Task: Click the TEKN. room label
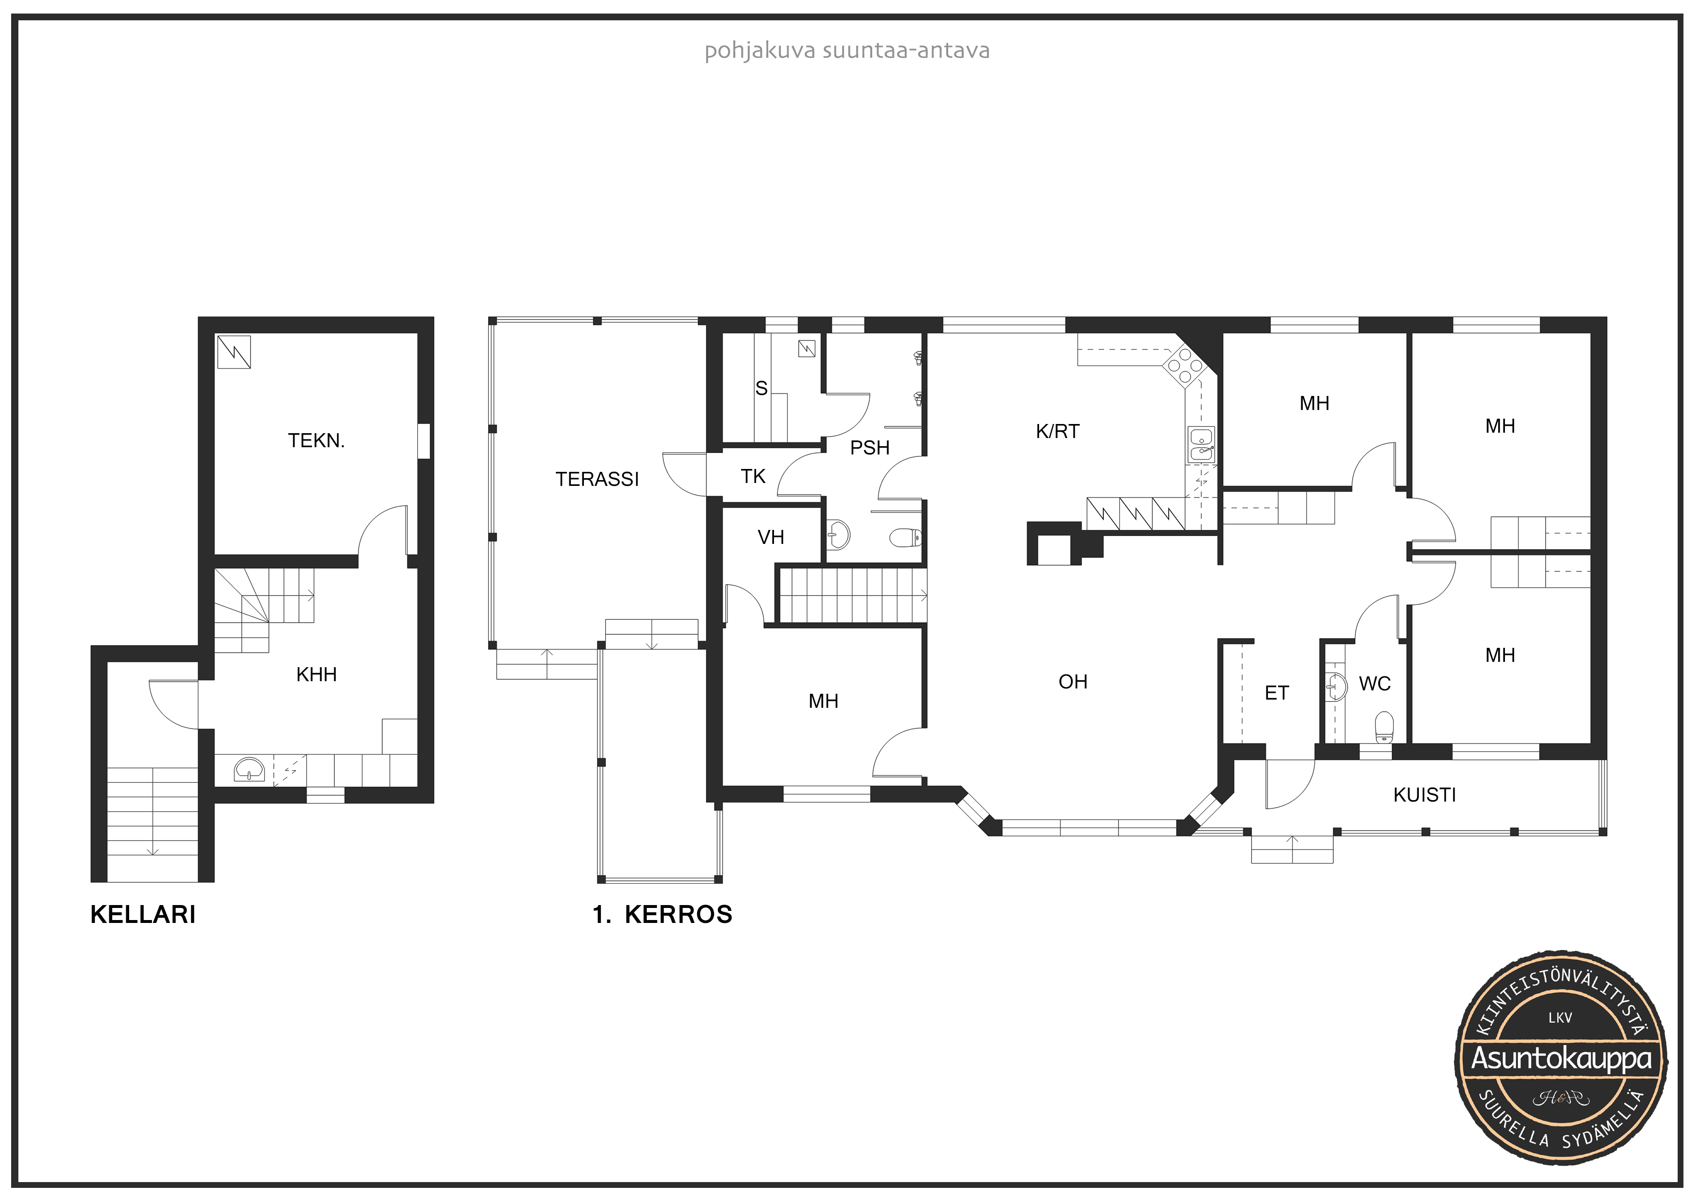pos(316,441)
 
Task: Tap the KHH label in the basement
pos(316,674)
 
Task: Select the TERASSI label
pos(597,480)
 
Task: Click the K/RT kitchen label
pos(1057,431)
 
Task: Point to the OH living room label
pos(1073,682)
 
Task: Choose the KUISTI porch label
pos(1424,795)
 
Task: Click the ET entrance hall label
pos(1277,693)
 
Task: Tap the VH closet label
pos(771,537)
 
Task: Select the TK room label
pos(753,477)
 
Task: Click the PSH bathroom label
pos(870,448)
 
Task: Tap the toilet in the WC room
pos(1384,727)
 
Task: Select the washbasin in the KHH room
pos(250,770)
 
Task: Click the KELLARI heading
pos(143,915)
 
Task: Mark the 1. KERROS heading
pos(662,915)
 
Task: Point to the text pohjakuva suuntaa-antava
pos(847,51)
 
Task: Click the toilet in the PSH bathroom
pos(906,537)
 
